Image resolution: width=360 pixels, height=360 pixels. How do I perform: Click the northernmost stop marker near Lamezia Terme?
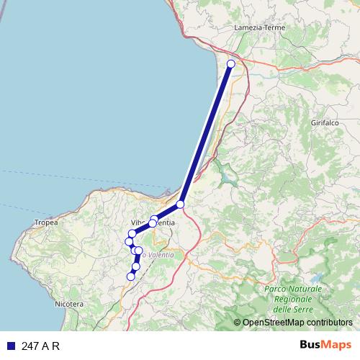[x=231, y=64]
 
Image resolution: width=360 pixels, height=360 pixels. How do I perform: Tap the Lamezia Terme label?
[x=260, y=28]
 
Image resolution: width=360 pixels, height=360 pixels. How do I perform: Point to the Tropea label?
[x=45, y=223]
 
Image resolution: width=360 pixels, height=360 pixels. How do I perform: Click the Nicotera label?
[x=69, y=305]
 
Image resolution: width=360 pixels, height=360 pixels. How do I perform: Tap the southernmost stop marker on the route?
[x=131, y=276]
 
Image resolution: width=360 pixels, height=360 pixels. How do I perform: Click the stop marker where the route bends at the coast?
[x=180, y=204]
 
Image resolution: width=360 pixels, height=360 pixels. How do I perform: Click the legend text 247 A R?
[x=41, y=346]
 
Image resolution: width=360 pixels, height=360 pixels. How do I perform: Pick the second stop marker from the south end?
[x=135, y=266]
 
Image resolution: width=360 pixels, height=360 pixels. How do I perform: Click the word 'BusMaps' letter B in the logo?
[x=304, y=345]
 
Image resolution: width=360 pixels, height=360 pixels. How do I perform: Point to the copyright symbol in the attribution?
[x=237, y=323]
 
